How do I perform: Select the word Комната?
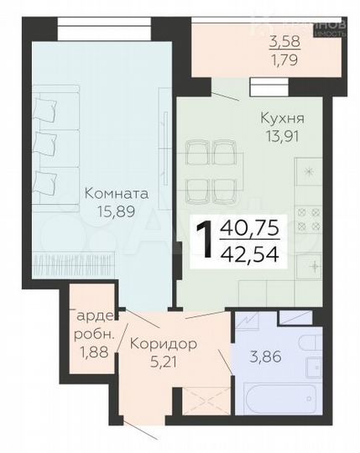tap(117, 193)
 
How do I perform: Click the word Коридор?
tap(164, 343)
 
